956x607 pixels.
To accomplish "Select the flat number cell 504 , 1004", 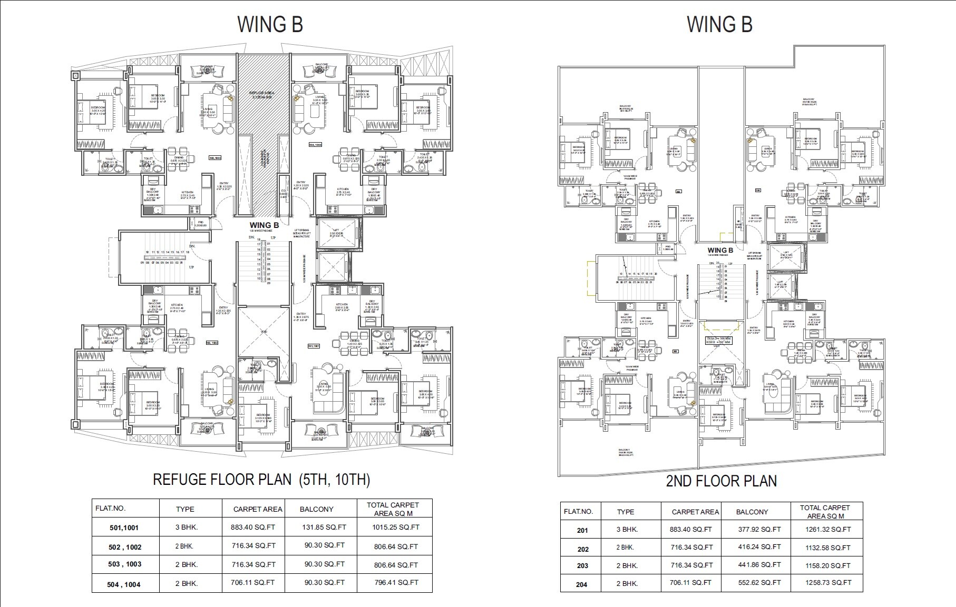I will click(125, 584).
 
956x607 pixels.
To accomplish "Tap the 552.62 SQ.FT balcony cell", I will click(759, 582).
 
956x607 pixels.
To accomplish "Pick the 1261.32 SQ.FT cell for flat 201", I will click(828, 530).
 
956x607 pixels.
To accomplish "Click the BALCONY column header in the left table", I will click(316, 509).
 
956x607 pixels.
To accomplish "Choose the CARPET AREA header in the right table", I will click(695, 512).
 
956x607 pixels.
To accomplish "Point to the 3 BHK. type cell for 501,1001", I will click(187, 527).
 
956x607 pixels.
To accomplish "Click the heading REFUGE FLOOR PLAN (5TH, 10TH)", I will click(261, 479).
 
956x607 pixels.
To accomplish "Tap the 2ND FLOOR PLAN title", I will click(721, 481).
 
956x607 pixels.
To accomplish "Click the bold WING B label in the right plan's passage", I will click(720, 251).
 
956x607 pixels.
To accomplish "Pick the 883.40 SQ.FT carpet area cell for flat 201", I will click(691, 530).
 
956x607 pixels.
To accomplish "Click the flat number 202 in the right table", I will click(582, 549).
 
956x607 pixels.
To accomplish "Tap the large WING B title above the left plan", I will click(270, 24).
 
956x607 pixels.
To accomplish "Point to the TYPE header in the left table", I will click(185, 509).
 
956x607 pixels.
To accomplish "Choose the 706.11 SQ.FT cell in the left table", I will click(253, 582).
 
